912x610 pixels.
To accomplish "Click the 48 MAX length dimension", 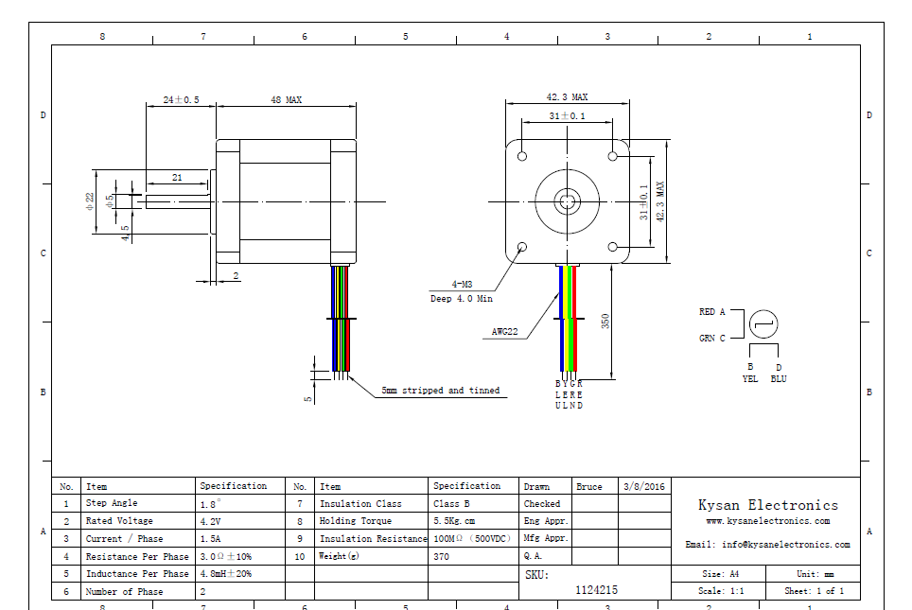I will [x=286, y=99].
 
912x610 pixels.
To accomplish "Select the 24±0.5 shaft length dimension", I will [x=181, y=99].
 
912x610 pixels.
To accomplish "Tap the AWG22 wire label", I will [x=506, y=332].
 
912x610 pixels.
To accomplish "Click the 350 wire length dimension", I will [x=605, y=322].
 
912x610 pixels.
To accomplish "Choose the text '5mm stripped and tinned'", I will [x=440, y=390].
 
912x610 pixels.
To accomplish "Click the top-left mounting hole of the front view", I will [x=522, y=155].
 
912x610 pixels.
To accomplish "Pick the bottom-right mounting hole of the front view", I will [x=613, y=247].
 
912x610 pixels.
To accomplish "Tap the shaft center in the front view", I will [x=568, y=200].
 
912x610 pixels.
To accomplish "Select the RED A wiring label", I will [x=712, y=312].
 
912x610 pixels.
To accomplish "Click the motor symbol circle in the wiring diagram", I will [x=763, y=324].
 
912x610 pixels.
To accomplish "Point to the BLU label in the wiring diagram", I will [x=779, y=379].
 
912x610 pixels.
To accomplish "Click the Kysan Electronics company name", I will [x=768, y=505].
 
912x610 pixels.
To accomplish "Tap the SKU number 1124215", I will [x=597, y=589].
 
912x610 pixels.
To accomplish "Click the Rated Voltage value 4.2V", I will [x=210, y=521].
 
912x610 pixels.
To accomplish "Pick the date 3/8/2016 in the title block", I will [x=644, y=486].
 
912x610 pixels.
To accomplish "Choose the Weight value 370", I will [x=443, y=556].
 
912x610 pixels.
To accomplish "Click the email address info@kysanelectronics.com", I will [x=767, y=545].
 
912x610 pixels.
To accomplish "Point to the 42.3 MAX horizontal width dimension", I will [x=567, y=97].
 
